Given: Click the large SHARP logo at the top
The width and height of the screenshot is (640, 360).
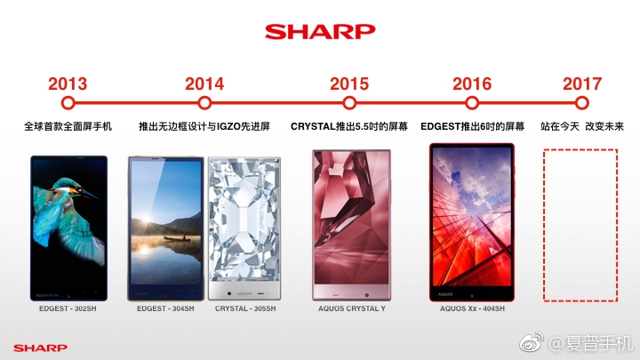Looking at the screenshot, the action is (x=320, y=31).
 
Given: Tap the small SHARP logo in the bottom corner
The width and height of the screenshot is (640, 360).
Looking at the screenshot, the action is (x=40, y=348).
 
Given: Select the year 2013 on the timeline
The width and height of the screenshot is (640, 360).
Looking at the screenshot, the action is (x=68, y=84).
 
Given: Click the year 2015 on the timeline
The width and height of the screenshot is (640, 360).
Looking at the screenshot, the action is (x=349, y=84).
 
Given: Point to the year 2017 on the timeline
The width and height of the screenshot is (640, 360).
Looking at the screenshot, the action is (x=582, y=84).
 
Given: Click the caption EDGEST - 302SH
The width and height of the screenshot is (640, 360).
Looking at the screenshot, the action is (x=68, y=308).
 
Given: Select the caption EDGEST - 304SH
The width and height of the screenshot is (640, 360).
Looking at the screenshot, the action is (x=165, y=308).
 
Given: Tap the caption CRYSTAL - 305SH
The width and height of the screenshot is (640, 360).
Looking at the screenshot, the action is (x=245, y=308).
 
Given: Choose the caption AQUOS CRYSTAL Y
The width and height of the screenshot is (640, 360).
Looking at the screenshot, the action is (x=352, y=308).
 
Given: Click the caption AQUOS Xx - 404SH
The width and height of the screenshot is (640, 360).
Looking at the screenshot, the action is (x=472, y=308).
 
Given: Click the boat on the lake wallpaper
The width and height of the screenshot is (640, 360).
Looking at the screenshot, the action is (x=177, y=238).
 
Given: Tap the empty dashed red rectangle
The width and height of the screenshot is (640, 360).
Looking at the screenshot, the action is (x=544, y=225).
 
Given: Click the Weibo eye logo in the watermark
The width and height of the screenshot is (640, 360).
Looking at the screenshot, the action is (x=532, y=342).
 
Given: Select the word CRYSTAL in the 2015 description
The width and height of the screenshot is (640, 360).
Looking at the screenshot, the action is (x=313, y=126).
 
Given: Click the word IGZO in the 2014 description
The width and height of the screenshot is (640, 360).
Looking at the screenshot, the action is (x=228, y=126).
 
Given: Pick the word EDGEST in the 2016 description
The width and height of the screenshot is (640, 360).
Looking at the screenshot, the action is (x=440, y=126).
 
